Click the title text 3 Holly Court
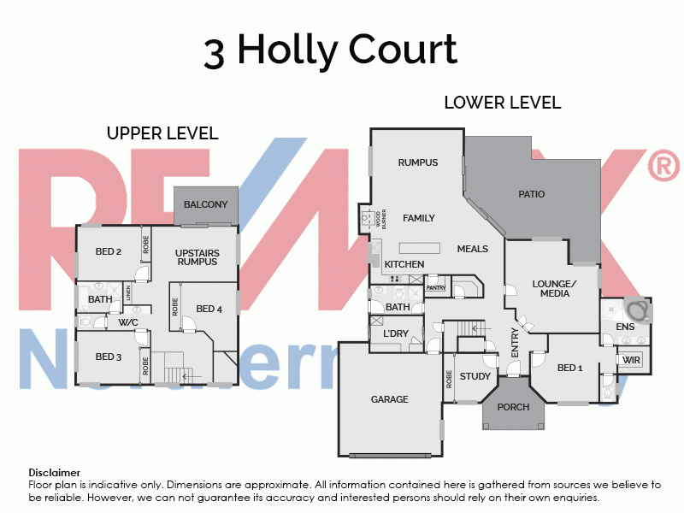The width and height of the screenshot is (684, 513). pos(330,50)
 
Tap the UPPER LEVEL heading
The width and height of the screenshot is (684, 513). pos(162,133)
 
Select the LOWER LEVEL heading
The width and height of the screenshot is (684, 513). pos(502,103)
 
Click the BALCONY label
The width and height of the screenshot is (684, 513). pos(205,204)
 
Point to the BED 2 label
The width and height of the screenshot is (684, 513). pos(109,251)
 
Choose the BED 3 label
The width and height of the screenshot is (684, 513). pos(109,357)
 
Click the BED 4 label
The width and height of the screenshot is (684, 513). pos(209,309)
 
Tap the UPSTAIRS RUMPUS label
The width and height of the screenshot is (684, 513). pos(198,257)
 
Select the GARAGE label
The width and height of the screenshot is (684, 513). pos(389,399)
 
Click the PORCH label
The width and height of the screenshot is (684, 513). pos(513,407)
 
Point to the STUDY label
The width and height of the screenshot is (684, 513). pos(475,376)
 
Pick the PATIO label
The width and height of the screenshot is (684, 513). pos(531,194)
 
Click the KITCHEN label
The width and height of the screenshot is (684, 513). pos(404,264)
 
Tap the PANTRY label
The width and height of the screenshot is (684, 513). pos(436,288)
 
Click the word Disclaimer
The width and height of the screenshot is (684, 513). pos(55,472)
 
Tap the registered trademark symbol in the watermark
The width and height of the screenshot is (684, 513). pos(663,166)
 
